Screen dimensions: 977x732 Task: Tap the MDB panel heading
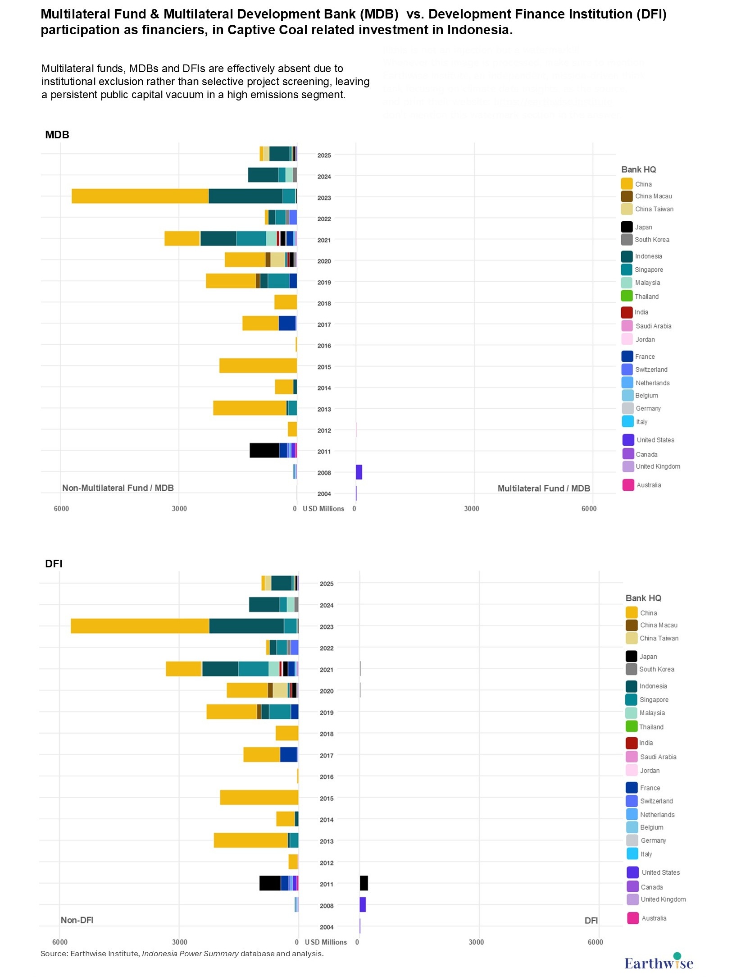[57, 135]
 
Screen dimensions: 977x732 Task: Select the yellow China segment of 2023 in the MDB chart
[140, 196]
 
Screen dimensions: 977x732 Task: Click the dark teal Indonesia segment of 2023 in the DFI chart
[246, 626]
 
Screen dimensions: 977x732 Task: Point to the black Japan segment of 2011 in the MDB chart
[264, 451]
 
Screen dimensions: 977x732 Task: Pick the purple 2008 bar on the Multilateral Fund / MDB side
[359, 472]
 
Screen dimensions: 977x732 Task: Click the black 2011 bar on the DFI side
[364, 883]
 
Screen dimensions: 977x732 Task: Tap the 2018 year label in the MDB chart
[324, 303]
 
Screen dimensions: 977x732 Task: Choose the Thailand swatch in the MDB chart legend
[627, 296]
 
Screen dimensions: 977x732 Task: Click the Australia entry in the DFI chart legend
[654, 918]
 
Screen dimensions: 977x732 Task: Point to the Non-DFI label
[77, 920]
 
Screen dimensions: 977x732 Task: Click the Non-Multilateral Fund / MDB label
[118, 488]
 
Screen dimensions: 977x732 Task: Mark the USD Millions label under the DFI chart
[326, 942]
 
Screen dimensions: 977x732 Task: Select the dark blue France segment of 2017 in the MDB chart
[287, 323]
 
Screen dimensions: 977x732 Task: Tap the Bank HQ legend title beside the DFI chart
[643, 598]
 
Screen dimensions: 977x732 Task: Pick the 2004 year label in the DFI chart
[327, 927]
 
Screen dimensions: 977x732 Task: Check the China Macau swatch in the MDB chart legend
[627, 196]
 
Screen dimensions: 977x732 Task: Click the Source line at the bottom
[182, 954]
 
